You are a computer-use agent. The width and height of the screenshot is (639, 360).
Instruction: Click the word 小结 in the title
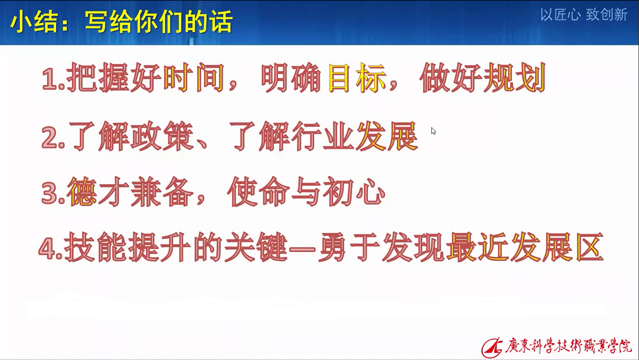34,22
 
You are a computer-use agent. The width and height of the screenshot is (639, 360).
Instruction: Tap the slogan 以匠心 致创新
584,15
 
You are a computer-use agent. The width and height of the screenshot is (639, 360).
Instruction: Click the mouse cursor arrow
433,131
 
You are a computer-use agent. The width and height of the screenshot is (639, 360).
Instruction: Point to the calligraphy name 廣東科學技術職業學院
568,346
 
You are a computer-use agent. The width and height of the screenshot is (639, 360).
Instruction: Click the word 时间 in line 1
194,77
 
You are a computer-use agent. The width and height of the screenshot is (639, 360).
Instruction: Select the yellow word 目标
357,77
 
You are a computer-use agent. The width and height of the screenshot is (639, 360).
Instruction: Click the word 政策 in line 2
162,136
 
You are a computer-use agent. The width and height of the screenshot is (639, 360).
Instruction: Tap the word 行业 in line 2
323,136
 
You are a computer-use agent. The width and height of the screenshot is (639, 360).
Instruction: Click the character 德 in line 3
82,192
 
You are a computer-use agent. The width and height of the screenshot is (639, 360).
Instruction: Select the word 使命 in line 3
258,192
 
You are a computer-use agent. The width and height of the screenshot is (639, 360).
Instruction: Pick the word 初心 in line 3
354,192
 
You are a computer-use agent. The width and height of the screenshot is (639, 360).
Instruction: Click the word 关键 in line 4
255,247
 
